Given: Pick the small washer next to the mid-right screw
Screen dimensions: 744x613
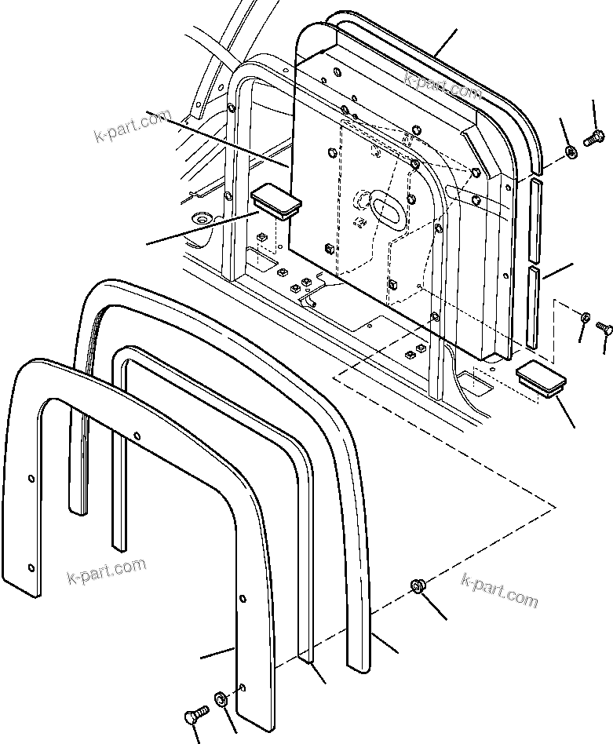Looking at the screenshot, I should tap(586, 317).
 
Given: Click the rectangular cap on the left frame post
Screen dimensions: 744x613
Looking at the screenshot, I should tap(276, 201).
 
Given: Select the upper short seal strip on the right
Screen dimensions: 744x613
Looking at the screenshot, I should tap(535, 219).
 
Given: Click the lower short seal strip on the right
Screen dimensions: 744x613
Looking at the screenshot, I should tap(532, 307).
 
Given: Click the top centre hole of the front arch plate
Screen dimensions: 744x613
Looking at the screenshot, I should tap(137, 435).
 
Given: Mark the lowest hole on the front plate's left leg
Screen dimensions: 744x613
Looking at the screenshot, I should tap(31, 567).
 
